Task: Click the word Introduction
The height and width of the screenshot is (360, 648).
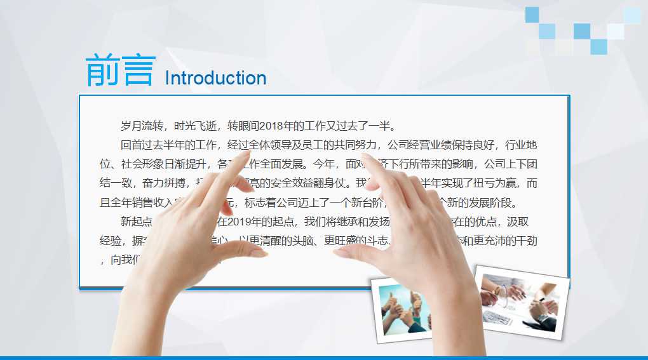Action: (x=215, y=78)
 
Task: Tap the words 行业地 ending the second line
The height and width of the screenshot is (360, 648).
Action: (x=522, y=145)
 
